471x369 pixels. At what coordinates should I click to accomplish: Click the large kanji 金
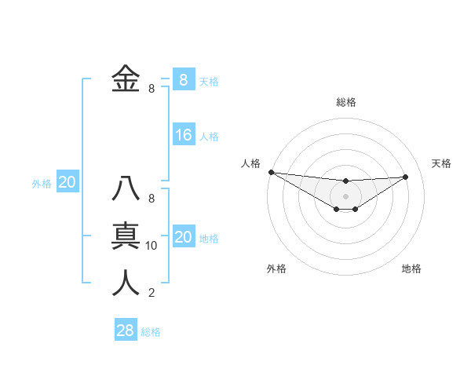point(126,79)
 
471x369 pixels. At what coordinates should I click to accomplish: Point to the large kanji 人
point(126,282)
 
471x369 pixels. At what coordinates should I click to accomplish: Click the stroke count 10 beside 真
point(152,246)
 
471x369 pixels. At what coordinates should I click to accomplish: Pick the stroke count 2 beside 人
point(152,293)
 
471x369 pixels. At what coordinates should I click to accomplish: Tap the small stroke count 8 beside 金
point(152,89)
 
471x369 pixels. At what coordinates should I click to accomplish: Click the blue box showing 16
point(183,135)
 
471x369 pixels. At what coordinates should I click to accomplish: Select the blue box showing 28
point(125,331)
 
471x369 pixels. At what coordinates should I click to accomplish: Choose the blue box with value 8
point(183,79)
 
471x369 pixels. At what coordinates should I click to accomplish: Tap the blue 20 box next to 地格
point(183,237)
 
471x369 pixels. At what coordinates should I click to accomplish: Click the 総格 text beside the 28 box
point(151,332)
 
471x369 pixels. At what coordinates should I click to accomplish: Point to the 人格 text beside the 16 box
point(209,137)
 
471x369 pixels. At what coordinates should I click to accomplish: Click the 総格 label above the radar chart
point(345,102)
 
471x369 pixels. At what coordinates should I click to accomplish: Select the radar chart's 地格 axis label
point(411,269)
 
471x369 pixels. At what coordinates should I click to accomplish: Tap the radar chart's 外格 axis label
point(276,269)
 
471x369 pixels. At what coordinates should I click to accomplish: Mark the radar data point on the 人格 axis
point(271,172)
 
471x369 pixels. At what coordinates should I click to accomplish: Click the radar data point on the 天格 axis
point(405,177)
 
